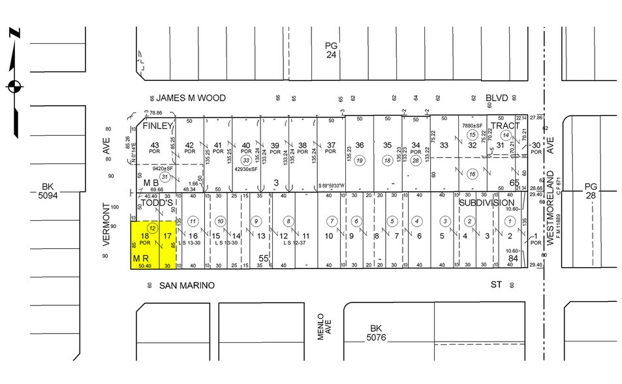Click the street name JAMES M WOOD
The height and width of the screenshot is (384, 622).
coord(191,98)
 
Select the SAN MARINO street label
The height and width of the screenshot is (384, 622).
coord(187,285)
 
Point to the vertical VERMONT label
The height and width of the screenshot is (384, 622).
coord(106,223)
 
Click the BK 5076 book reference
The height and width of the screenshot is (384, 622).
coord(375,333)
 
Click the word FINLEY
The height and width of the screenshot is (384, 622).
coord(157,125)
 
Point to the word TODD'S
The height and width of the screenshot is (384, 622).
coord(157,202)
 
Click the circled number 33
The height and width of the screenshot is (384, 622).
coord(246,160)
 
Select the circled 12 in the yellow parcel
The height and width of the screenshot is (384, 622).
coord(152,228)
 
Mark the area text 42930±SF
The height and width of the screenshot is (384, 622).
coord(247,169)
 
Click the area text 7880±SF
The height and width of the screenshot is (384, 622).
coord(472,125)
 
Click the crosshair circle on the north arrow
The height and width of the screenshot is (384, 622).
coord(14,86)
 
